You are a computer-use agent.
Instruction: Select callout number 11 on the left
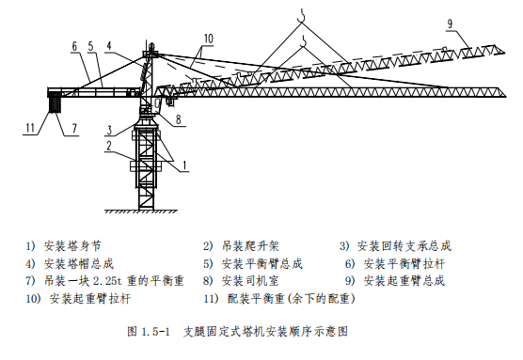click(x=31, y=127)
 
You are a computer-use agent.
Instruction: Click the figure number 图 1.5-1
click(x=147, y=332)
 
